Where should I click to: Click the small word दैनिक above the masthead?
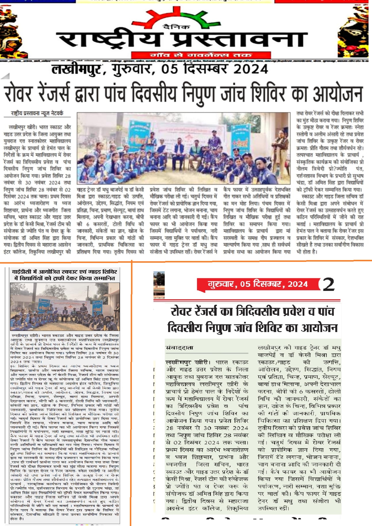[x=176, y=27]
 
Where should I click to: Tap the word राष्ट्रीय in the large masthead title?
[x=109, y=40]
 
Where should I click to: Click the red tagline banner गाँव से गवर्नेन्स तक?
[x=201, y=55]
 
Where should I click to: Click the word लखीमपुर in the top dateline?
[x=76, y=69]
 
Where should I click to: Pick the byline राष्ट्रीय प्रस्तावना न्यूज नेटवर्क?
[x=37, y=113]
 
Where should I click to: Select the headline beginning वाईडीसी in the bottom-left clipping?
[x=64, y=275]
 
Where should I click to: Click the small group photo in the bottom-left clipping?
[x=65, y=306]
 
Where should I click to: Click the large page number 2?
[x=329, y=284]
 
